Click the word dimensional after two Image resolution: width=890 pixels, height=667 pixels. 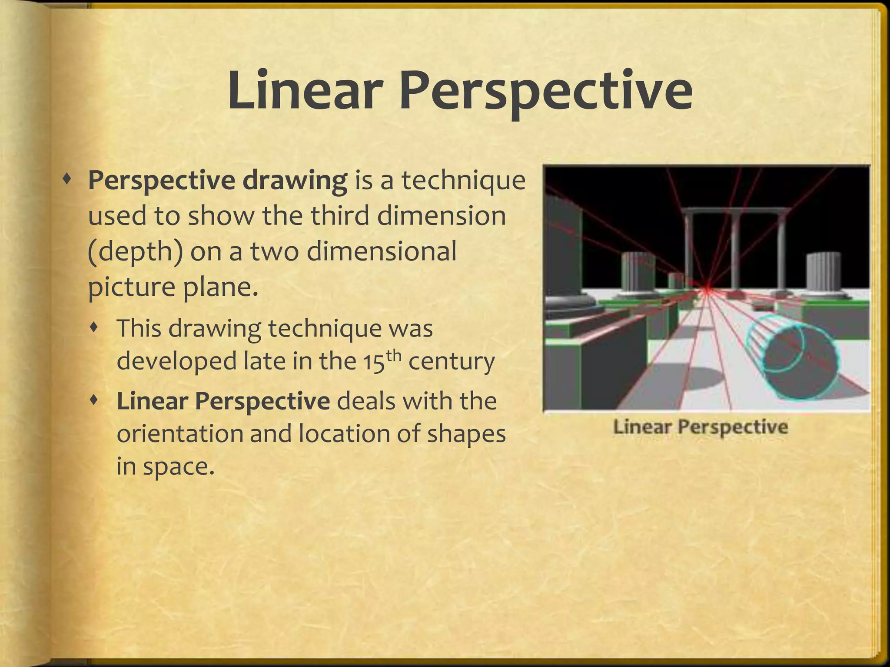coord(382,251)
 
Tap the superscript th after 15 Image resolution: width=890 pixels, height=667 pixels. coord(393,355)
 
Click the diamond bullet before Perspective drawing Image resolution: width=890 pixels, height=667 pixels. coord(66,178)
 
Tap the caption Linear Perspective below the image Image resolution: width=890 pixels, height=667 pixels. coord(700,427)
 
